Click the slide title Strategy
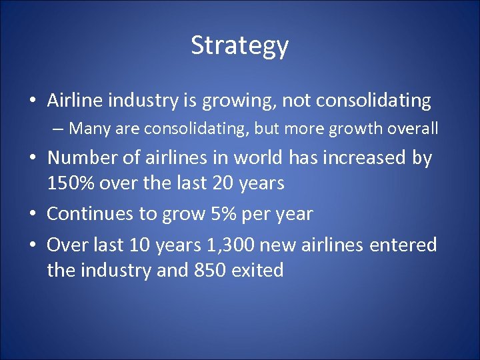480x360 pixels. tap(239, 45)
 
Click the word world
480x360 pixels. tap(259, 158)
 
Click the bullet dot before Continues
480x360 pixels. tap(33, 214)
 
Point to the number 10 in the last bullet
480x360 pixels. tap(139, 245)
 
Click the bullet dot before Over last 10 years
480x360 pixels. tap(33, 245)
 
